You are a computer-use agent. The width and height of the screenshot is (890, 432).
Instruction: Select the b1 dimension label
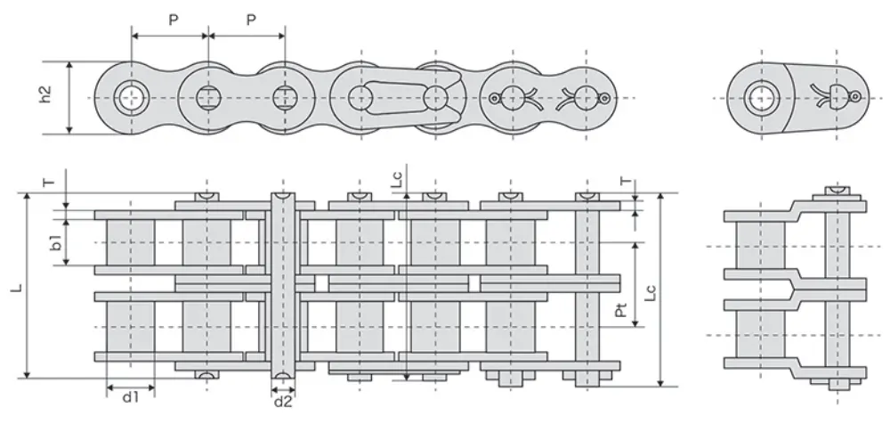coord(55,241)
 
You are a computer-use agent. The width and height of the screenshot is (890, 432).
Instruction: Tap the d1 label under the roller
coord(130,398)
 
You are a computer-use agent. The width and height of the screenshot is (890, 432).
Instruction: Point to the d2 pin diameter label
coord(283,403)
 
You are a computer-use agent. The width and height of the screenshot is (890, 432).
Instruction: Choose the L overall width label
coord(17,290)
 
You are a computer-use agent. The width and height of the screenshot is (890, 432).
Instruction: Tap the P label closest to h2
coord(172,19)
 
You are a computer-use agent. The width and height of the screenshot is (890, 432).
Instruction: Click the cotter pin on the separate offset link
coord(837,94)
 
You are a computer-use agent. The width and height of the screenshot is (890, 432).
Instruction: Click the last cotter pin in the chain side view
coord(584,97)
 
